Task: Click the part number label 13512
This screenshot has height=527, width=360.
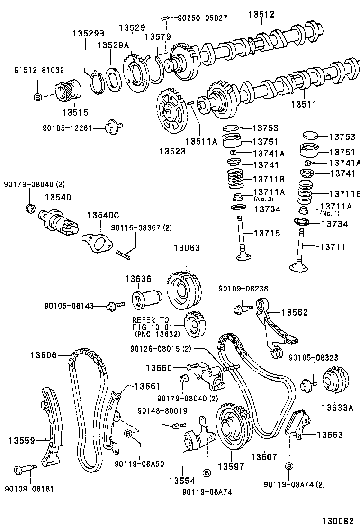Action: click(x=261, y=15)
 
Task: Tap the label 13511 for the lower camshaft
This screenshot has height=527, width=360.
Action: click(x=304, y=104)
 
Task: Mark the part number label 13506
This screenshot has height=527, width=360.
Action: click(x=44, y=354)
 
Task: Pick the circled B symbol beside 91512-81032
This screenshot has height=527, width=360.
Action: click(x=38, y=97)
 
